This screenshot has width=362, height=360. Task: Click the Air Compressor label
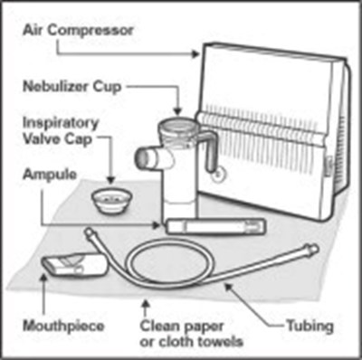[x=78, y=31]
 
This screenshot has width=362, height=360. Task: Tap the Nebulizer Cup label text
[x=72, y=87]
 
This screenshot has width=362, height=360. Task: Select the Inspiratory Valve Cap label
[x=61, y=131]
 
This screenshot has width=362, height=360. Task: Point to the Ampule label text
[x=50, y=175]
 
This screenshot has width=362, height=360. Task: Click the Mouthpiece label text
[x=63, y=327]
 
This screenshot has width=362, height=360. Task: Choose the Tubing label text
[x=310, y=326]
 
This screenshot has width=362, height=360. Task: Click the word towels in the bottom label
[x=217, y=342]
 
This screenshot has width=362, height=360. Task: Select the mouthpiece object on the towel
[x=74, y=264]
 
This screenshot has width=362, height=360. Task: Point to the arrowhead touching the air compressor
[x=196, y=54]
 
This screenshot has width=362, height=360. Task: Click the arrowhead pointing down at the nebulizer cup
[x=178, y=112]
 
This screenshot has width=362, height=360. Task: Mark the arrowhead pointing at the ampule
[x=157, y=225]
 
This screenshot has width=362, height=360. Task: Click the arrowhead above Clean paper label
[x=146, y=303]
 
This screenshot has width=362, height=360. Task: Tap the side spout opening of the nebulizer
[x=141, y=156]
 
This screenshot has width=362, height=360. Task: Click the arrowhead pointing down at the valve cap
[x=111, y=180]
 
